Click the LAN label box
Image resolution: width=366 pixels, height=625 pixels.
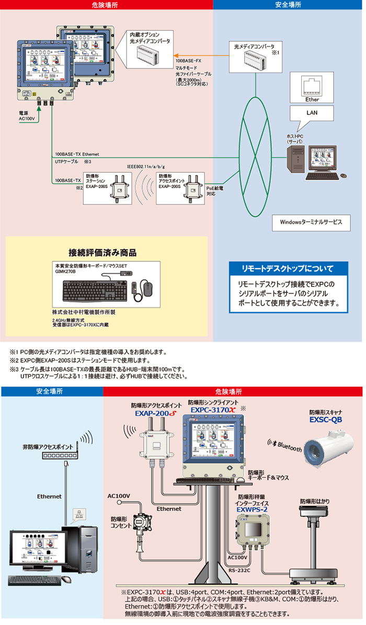[x=312, y=112]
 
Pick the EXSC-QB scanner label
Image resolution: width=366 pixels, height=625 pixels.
[x=326, y=419]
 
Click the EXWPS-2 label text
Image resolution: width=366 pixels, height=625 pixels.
[x=252, y=508]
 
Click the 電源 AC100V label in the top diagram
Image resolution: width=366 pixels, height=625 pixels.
[x=26, y=116]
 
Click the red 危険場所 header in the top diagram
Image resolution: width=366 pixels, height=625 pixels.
[x=107, y=4]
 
